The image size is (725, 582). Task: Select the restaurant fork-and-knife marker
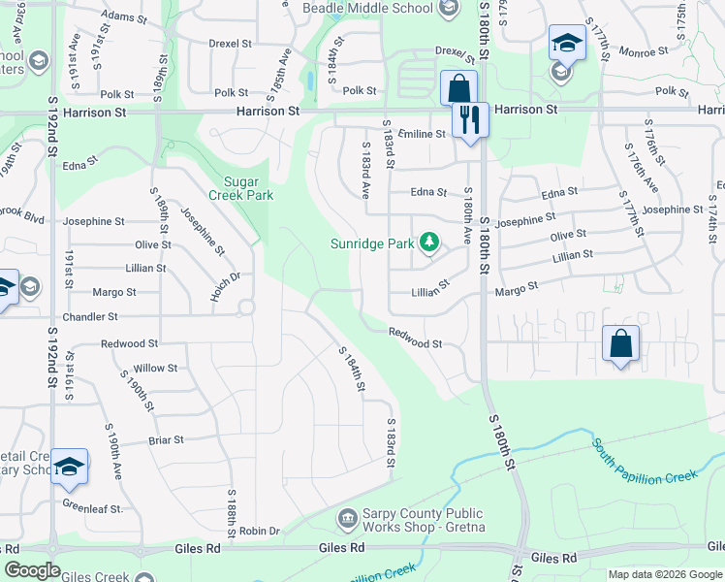coord(469,119)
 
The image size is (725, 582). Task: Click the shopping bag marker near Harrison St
coord(457,88)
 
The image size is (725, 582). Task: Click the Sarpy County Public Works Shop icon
coord(347,521)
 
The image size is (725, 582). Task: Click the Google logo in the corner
coord(32,570)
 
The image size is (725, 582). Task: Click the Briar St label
coord(166,439)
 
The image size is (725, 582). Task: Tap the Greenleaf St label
coord(93,507)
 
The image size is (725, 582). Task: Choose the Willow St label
coord(155,368)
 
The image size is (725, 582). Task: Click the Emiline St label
coord(420,134)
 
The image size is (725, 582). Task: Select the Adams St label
coord(123,16)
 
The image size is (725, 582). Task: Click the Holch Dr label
coord(225,285)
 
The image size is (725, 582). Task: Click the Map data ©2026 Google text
coord(665,574)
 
